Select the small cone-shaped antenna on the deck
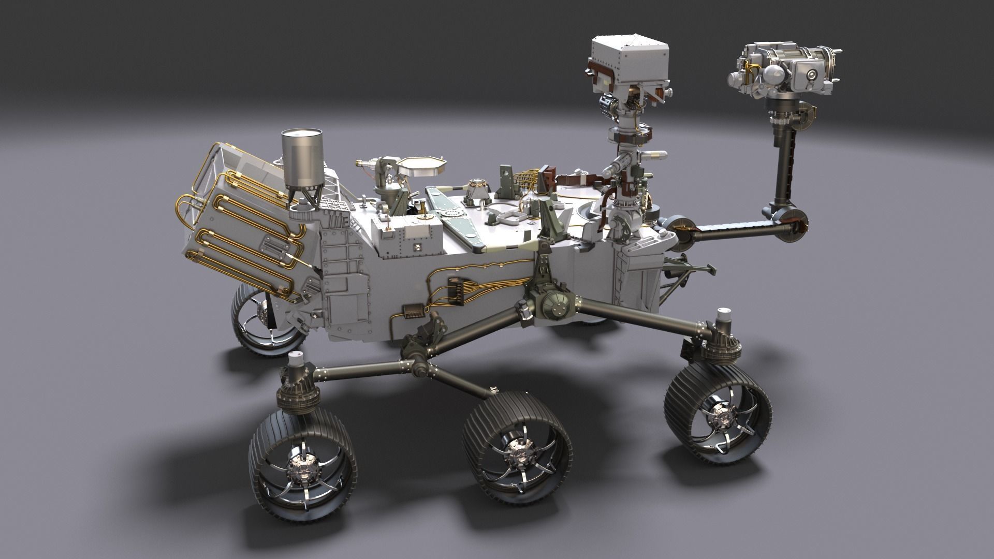(x=476, y=191)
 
